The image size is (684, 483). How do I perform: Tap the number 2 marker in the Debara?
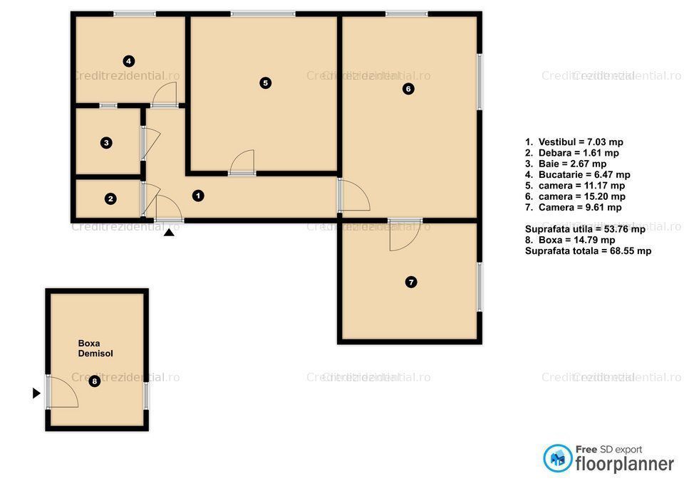coord(110,199)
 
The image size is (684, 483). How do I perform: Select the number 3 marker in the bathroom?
coord(106,143)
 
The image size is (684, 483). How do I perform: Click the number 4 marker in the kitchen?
coord(128,61)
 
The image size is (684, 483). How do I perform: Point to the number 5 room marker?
coord(265,83)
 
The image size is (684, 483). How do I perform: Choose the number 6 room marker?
coord(408,89)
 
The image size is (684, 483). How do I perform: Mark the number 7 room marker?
coord(411,282)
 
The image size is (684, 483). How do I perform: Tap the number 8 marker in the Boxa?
coord(95,382)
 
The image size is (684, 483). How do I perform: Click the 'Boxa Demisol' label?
coord(95,348)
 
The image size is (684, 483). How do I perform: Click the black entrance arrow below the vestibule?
coord(169,230)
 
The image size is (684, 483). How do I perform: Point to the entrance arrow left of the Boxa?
coord(36,393)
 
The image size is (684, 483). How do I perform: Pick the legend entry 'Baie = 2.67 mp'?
coord(566,164)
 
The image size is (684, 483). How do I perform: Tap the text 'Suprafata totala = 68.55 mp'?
coord(588,251)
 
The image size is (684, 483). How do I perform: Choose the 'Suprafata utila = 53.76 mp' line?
coord(585,229)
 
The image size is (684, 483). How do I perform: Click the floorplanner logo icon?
coord(558,458)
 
